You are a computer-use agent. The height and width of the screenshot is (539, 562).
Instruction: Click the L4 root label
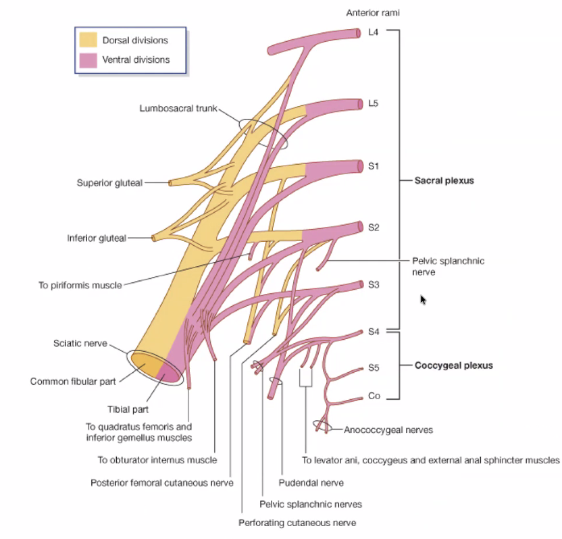[x=374, y=32]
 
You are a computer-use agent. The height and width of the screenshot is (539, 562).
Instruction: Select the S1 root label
[x=374, y=165]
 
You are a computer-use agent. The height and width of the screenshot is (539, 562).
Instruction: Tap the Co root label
[x=374, y=396]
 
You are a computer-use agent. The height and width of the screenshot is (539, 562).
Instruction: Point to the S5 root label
[x=374, y=368]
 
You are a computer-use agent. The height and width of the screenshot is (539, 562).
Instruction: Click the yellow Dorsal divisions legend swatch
[x=88, y=40]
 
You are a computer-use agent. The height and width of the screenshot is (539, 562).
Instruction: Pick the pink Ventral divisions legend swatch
[x=88, y=59]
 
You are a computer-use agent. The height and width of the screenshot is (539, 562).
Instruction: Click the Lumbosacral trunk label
[x=178, y=108]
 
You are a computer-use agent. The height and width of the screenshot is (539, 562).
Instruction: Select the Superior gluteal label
[x=109, y=182]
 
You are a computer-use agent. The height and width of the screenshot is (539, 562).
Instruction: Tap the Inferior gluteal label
[x=97, y=238]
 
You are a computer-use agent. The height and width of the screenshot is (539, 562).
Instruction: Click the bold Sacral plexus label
[x=444, y=181]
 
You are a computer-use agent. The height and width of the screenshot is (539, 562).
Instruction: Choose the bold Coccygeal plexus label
[x=453, y=365]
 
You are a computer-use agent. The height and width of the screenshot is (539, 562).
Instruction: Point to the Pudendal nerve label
[x=311, y=483]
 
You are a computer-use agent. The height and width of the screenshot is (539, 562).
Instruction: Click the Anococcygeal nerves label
[x=388, y=430]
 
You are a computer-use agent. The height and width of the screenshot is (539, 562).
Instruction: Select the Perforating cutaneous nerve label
[x=297, y=523]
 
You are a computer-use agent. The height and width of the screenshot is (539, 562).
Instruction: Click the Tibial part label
[x=128, y=409]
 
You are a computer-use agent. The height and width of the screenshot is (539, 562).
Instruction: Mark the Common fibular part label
[x=73, y=382]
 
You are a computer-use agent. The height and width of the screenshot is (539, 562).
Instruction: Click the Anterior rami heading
[x=369, y=13]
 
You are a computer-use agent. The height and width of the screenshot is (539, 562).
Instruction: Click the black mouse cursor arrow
[x=423, y=299]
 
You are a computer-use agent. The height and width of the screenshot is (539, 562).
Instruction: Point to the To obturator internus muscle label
[x=157, y=461]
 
